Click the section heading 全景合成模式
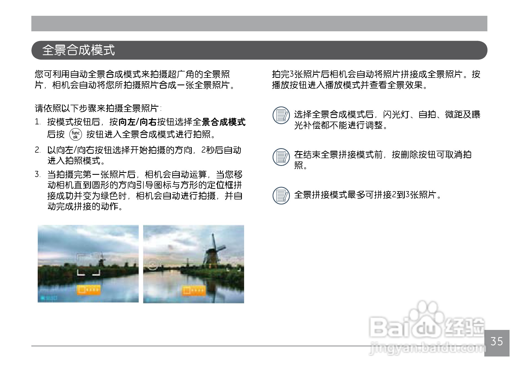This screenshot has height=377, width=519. (79, 50)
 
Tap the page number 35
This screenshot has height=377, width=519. (497, 341)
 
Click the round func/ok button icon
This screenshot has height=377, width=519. (76, 134)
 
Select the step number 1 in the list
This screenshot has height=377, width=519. (38, 122)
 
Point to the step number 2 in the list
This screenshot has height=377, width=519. (38, 150)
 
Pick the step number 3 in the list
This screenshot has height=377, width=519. (38, 174)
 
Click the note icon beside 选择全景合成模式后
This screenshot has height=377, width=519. (281, 115)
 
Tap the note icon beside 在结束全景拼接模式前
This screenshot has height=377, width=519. (281, 157)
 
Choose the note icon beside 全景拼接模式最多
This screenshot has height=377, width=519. (281, 195)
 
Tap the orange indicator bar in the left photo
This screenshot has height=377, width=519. (88, 290)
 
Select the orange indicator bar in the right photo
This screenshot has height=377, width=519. (194, 291)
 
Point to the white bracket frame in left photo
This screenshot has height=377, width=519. (88, 264)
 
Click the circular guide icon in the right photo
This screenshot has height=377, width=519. (152, 265)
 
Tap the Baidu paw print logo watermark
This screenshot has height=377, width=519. (427, 321)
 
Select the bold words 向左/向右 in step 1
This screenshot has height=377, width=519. (138, 122)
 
